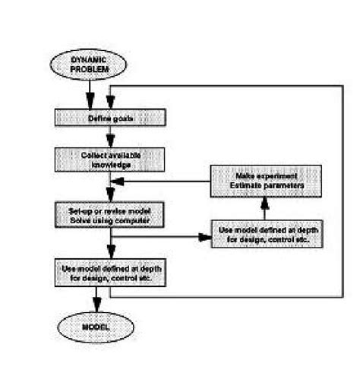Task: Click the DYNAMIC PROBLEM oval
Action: pyautogui.click(x=90, y=65)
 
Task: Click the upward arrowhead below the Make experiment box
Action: pyautogui.click(x=264, y=202)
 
